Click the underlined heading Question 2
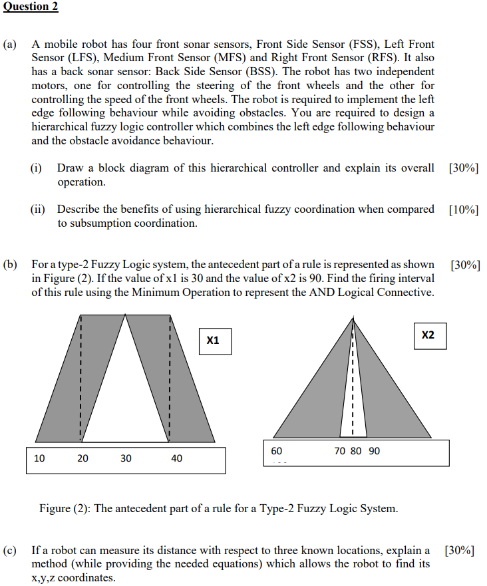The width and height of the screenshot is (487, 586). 31,7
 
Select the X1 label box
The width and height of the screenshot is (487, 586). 213,341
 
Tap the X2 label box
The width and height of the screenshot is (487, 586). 428,335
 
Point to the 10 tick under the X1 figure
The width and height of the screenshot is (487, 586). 40,458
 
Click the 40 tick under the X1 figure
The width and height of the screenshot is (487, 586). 176,458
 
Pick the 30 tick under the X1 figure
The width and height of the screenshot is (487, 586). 126,458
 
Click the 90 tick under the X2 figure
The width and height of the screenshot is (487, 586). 375,451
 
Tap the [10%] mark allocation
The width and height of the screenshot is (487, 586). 464,210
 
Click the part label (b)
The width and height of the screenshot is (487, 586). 11,265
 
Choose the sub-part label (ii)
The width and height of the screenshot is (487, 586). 39,210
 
